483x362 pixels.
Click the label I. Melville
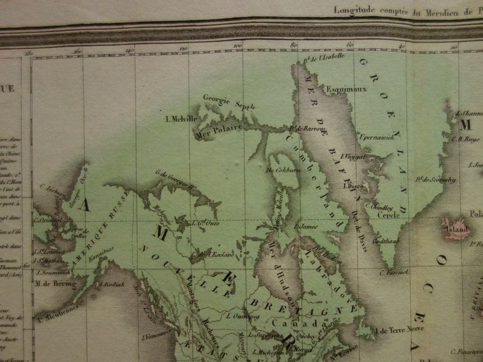coord(180,118)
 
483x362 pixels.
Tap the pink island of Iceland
coord(455,230)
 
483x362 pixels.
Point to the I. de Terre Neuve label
coord(401,330)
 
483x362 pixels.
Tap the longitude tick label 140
coord(130,50)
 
